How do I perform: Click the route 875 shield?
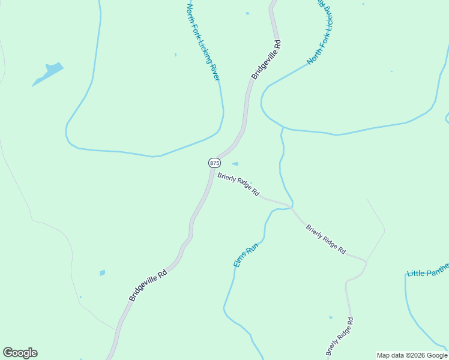coord(214,163)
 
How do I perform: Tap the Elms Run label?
coord(245,255)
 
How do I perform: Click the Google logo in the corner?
coord(20,353)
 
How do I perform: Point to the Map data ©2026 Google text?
coord(412,355)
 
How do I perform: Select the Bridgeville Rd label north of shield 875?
coord(266,60)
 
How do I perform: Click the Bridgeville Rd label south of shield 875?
coord(147,285)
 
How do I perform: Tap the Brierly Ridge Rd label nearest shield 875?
coord(238,185)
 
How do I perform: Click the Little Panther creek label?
coord(427,273)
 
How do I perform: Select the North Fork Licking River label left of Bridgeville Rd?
coord(203,42)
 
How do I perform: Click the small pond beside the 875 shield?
coord(235,163)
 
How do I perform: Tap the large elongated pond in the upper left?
coord(48,73)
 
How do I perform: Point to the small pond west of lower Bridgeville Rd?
coord(102,273)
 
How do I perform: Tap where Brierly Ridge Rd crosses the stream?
coord(292,208)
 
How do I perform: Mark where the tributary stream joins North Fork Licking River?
coord(283,127)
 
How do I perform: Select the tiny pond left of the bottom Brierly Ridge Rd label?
coord(330,317)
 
